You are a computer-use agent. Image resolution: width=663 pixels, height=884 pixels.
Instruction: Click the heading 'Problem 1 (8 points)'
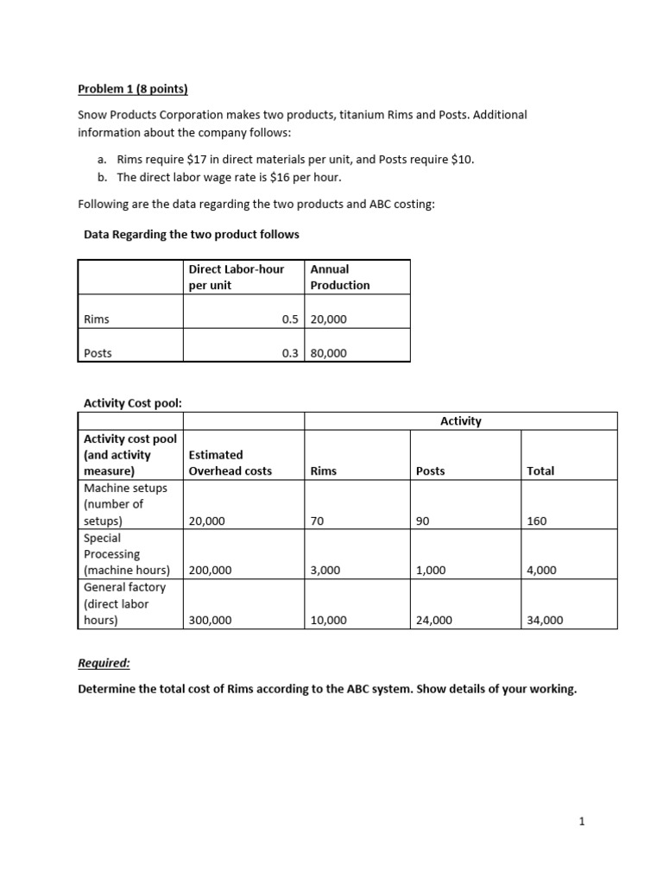[132, 88]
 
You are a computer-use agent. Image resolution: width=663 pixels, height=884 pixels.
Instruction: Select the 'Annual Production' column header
[340, 277]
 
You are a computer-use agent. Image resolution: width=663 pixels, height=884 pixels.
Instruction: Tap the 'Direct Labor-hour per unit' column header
[236, 277]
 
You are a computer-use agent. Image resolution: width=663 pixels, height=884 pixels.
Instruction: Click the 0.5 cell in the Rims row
[290, 319]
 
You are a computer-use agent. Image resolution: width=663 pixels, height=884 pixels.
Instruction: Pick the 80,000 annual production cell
[329, 353]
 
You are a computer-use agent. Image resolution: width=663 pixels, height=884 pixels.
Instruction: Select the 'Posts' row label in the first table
[98, 353]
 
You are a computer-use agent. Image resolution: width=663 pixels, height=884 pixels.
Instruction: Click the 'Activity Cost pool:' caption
[132, 402]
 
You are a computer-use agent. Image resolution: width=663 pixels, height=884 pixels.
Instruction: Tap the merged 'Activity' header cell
[460, 421]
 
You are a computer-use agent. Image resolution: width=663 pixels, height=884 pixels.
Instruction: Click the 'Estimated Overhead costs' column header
[229, 463]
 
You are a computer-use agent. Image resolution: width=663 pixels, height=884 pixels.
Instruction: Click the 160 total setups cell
[536, 521]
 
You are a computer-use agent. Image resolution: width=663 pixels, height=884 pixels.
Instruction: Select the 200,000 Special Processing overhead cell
[212, 571]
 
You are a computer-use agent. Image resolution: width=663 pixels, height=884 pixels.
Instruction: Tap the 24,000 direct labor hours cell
[434, 620]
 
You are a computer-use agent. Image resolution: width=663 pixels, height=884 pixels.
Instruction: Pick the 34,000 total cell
[545, 620]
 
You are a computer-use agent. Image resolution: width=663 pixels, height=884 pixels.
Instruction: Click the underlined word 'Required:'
[104, 663]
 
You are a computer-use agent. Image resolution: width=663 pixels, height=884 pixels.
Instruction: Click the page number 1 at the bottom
[582, 822]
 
